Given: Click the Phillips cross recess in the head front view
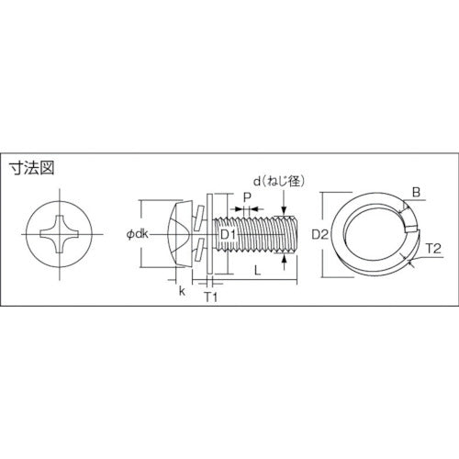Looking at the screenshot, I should pos(62,233).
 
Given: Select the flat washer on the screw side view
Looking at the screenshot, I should pos(210,233).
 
